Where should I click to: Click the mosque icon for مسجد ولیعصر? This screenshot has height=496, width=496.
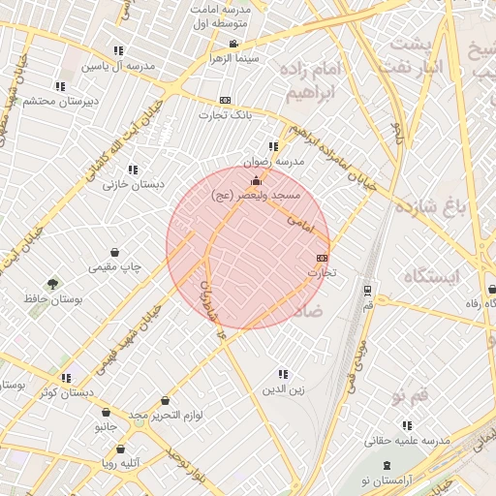point(256,180)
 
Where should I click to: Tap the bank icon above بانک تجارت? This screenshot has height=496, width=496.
point(225,100)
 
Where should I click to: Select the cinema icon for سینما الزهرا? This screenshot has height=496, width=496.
point(232,44)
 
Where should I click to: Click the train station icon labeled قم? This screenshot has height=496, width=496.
point(367,290)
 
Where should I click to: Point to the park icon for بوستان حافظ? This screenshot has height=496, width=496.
point(52,284)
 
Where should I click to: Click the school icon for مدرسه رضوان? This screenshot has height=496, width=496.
point(274,146)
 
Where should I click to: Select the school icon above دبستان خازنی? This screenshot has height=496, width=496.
point(133,169)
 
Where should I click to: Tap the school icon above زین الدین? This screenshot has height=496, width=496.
point(283,374)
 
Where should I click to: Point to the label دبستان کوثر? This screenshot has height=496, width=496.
point(67,392)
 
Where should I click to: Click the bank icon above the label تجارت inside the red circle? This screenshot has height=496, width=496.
point(322,258)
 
